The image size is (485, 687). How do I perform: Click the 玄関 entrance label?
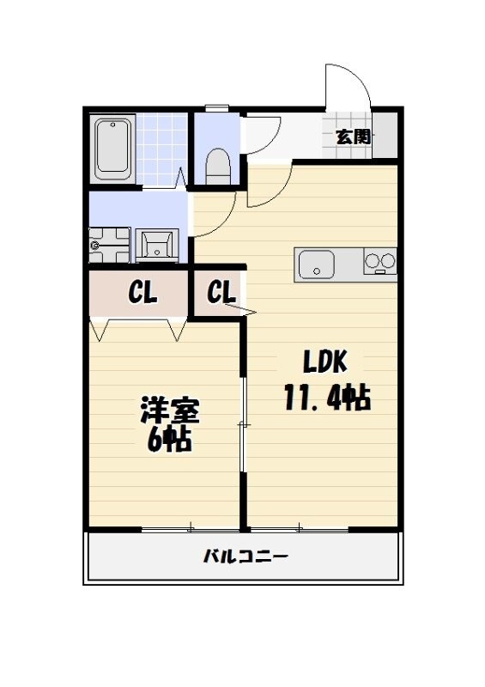[353, 136]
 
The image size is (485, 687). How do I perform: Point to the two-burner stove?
[380, 260]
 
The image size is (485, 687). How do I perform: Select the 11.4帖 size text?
[326, 398]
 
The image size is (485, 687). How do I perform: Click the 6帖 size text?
[168, 441]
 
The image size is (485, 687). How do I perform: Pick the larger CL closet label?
[142, 294]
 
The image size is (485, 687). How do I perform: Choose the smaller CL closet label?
[221, 293]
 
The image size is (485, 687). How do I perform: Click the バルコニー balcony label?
[246, 556]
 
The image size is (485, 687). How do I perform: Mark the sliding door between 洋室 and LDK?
[243, 425]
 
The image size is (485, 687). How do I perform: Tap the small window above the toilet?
[217, 107]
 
